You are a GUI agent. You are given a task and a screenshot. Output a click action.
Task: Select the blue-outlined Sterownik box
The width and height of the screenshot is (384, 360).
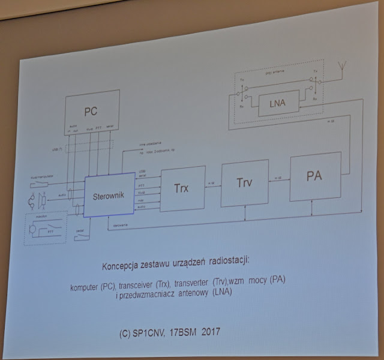[108, 194]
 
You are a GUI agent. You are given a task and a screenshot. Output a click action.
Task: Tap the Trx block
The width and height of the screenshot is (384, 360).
[181, 188]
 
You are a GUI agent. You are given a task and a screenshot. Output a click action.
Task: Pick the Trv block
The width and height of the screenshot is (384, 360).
[244, 183]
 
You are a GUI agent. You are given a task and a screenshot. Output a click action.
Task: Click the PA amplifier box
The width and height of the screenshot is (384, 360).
[314, 176]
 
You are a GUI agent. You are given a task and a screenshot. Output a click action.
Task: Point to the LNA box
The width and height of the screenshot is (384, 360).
[278, 103]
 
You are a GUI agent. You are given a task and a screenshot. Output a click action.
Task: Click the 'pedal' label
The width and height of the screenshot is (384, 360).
[79, 230]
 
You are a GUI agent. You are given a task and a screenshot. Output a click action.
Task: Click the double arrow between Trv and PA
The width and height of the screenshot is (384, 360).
[278, 178]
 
